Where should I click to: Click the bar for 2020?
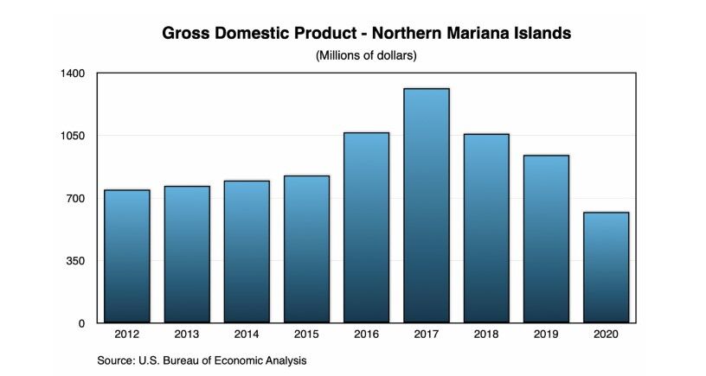(x=606, y=267)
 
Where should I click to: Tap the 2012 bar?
(x=127, y=256)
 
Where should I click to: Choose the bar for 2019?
(x=546, y=239)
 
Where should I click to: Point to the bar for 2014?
(x=247, y=252)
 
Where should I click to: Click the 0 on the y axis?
(x=82, y=323)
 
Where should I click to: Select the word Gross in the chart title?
(x=186, y=35)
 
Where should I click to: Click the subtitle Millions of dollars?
(x=366, y=56)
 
